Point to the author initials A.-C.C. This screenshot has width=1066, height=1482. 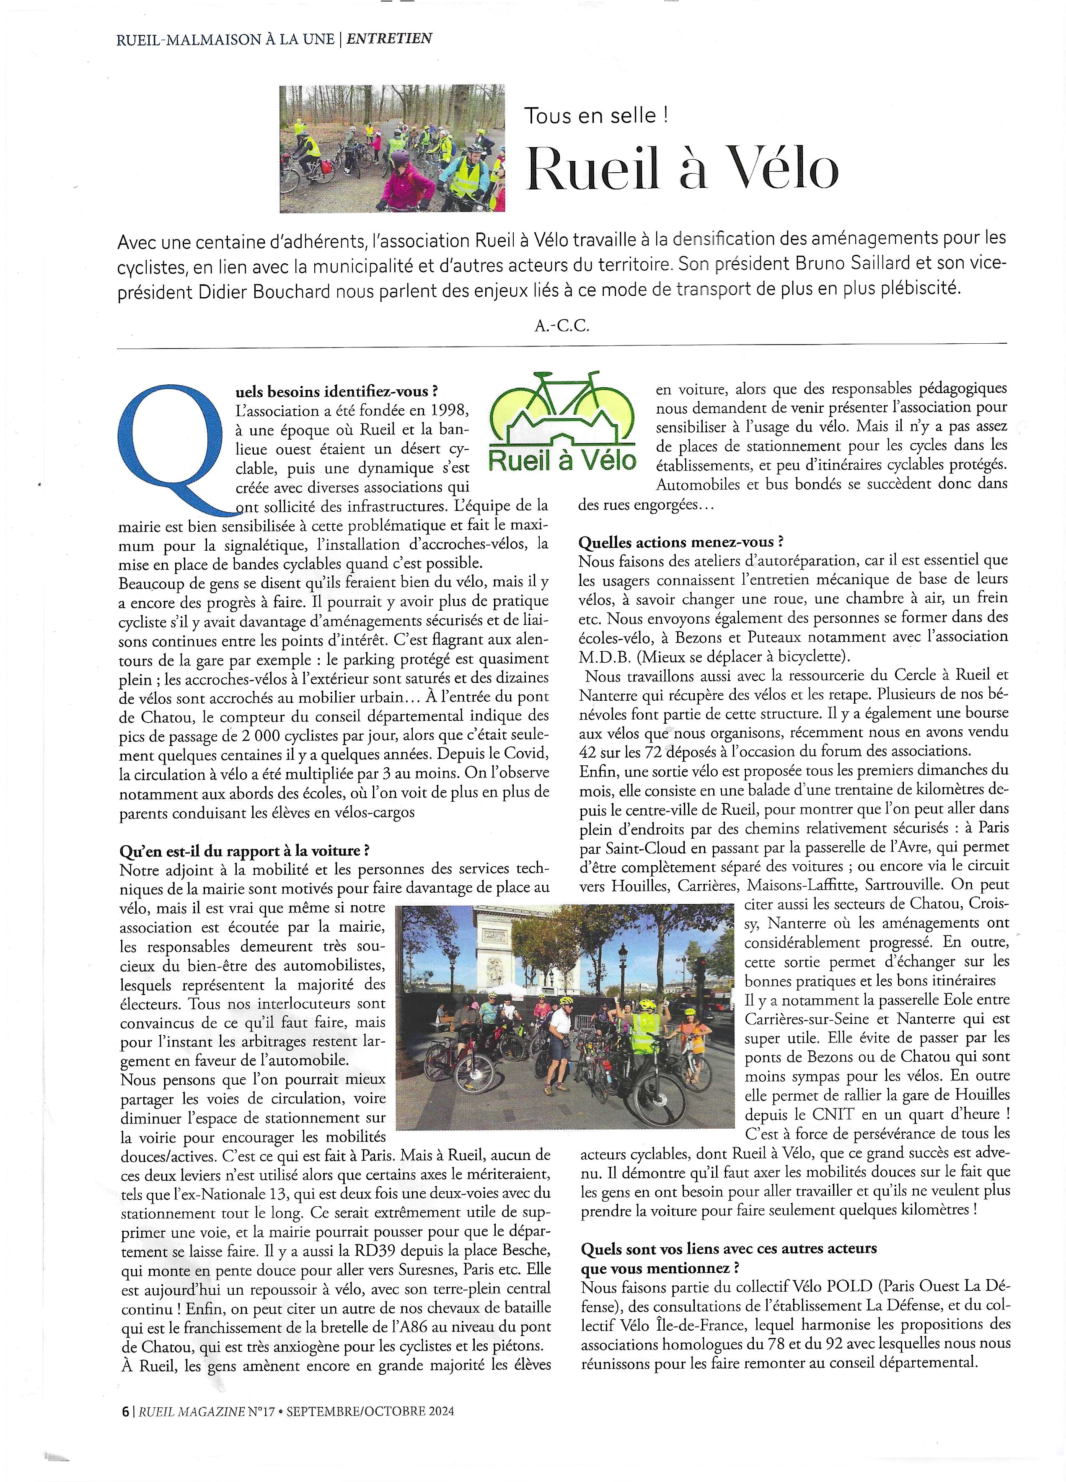(562, 325)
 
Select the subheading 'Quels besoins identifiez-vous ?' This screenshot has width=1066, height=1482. (336, 391)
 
